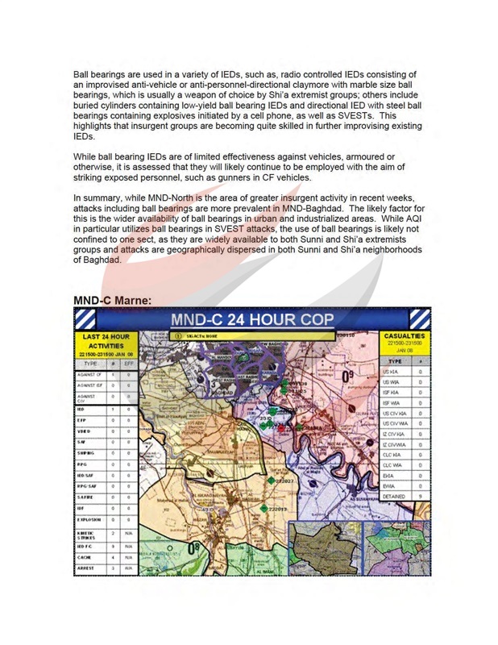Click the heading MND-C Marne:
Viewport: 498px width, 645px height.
click(x=113, y=300)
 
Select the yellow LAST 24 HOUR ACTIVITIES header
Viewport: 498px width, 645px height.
click(x=105, y=345)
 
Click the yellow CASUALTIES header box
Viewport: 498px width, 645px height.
click(x=404, y=342)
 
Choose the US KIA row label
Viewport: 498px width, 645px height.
click(x=392, y=372)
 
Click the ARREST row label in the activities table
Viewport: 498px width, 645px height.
click(x=85, y=568)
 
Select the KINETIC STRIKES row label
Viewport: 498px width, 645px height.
click(x=86, y=534)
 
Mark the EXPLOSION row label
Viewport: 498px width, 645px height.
click(x=87, y=521)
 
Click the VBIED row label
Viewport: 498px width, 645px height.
click(x=85, y=431)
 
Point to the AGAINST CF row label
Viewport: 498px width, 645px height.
click(x=87, y=375)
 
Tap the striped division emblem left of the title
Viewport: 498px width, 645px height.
click(x=84, y=318)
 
